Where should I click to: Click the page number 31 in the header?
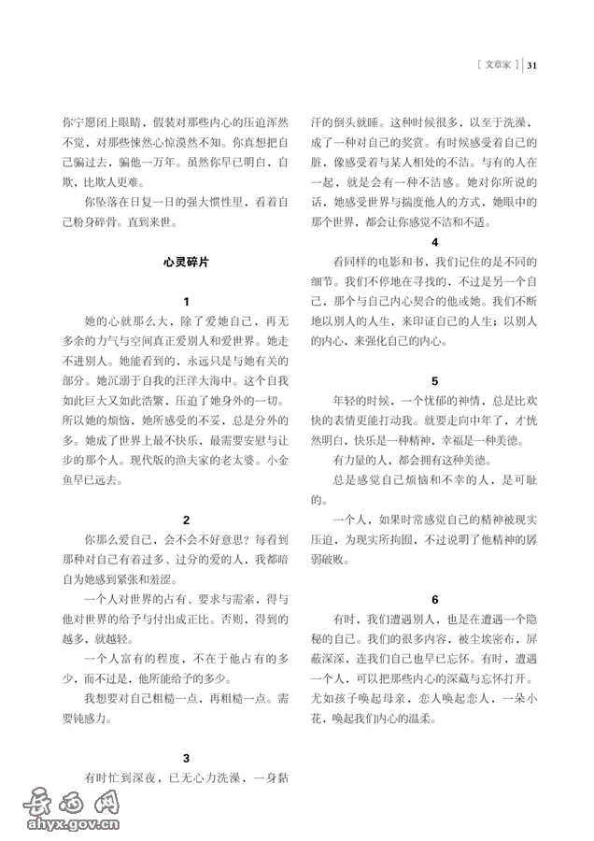tap(534, 65)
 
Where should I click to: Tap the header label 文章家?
tap(498, 65)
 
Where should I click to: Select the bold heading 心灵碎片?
tap(186, 264)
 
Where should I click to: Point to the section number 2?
tap(187, 520)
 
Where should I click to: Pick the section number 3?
tap(187, 758)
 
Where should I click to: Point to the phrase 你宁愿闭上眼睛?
tap(95, 122)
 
